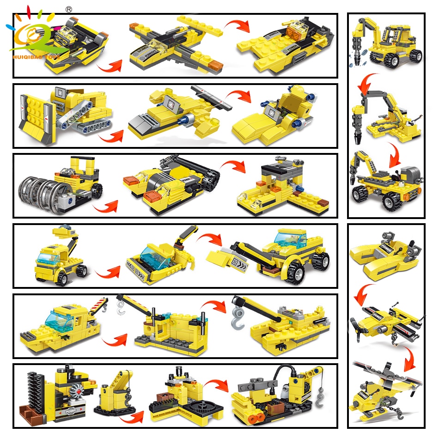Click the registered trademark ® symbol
(69, 8)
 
